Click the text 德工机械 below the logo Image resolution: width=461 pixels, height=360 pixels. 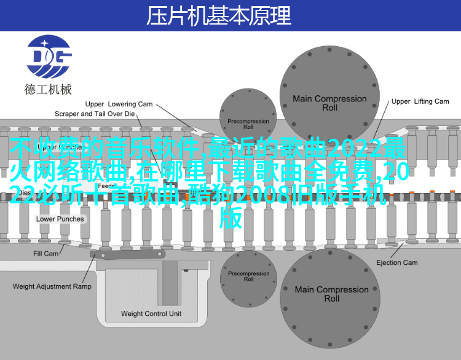pos(48,89)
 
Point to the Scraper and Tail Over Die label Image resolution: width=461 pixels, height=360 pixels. pos(95,114)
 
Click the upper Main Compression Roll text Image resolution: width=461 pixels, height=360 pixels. pos(329,103)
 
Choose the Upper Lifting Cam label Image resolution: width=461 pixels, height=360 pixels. pos(420,101)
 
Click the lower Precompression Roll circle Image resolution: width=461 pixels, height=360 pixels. pos(248,276)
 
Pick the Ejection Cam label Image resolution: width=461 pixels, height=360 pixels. pos(396,262)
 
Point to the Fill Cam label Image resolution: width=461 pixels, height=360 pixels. pos(46,254)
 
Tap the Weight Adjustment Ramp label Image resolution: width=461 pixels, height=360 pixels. pos(52,286)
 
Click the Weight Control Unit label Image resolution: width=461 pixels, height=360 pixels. pos(151,313)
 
